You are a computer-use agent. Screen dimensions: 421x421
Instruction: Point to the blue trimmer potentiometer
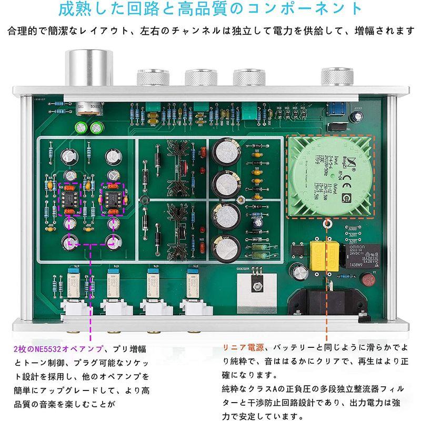coord(334,112)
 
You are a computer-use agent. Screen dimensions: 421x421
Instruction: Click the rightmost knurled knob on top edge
coord(333,78)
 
